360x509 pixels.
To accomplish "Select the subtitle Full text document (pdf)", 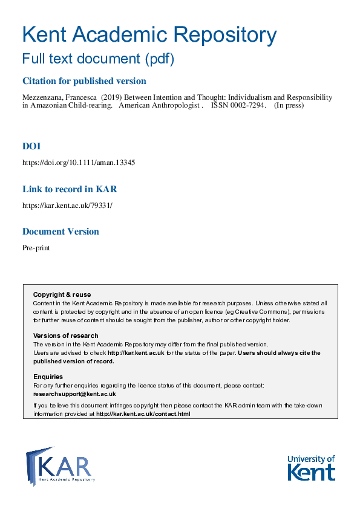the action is pos(98,59).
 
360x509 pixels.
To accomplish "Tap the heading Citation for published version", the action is pos(84,81).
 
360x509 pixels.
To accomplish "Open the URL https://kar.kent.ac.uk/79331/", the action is pos(67,205).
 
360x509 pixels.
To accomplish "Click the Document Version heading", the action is pos(61,232).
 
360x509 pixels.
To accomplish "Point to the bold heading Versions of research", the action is pos(65,336).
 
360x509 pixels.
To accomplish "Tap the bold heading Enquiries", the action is pos(48,377).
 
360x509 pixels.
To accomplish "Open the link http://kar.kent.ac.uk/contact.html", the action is pos(143,414).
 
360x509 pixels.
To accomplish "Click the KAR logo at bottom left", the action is pos(61,465).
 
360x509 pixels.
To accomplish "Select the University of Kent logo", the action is pos(311,467).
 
